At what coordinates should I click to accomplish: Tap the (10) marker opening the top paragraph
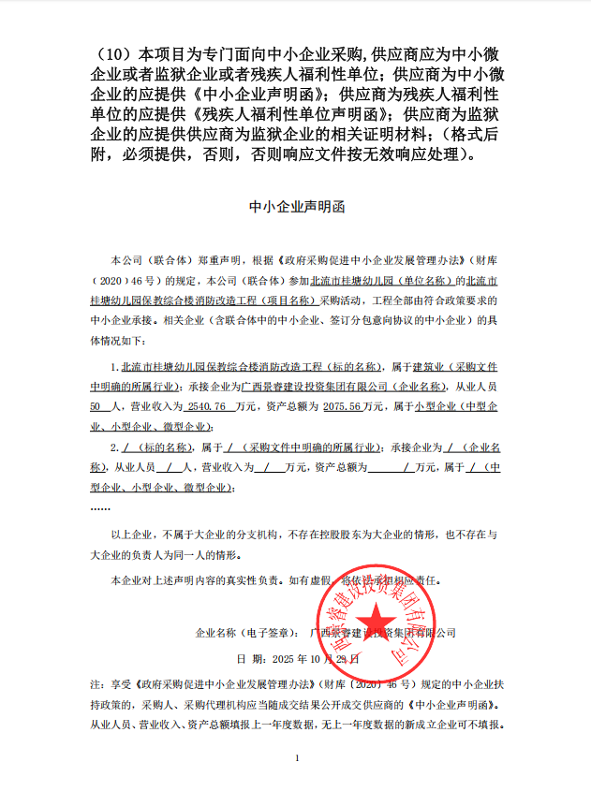111,51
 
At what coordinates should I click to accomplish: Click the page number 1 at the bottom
296,757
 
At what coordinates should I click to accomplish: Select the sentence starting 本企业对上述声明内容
281,579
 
